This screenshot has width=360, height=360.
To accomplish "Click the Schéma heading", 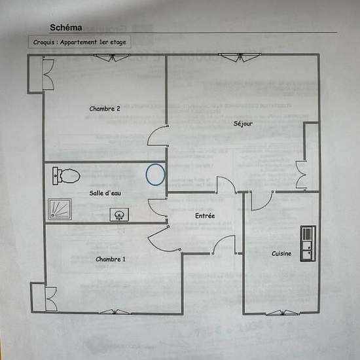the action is click(x=66, y=27).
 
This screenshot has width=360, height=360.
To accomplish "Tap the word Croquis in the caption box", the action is click(x=44, y=43).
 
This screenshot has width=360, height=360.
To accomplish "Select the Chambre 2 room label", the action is click(x=105, y=109).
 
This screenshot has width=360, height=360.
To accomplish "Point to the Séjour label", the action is click(x=243, y=124).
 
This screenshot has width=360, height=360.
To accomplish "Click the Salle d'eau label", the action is click(x=105, y=193).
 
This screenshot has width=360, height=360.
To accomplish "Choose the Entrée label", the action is click(x=205, y=215).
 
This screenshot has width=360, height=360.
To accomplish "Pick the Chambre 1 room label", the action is click(x=111, y=259).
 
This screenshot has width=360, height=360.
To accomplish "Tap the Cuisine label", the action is click(x=281, y=253).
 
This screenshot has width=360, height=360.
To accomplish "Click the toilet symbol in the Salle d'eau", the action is click(x=66, y=176).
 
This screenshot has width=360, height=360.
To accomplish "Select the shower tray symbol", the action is click(x=60, y=209).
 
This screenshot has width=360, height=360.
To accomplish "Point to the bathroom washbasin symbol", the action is click(x=119, y=215).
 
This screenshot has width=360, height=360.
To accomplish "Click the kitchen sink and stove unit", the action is click(x=308, y=243).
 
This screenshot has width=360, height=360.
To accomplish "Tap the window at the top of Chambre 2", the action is click(x=112, y=57).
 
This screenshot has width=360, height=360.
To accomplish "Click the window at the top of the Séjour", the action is click(x=240, y=57).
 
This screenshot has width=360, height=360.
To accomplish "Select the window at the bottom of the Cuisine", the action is click(x=283, y=313).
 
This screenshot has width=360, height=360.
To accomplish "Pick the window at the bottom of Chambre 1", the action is click(x=115, y=312).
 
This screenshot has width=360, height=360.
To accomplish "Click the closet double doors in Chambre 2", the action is click(x=48, y=74).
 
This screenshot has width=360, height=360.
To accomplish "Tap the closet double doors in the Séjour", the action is click(x=301, y=175).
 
